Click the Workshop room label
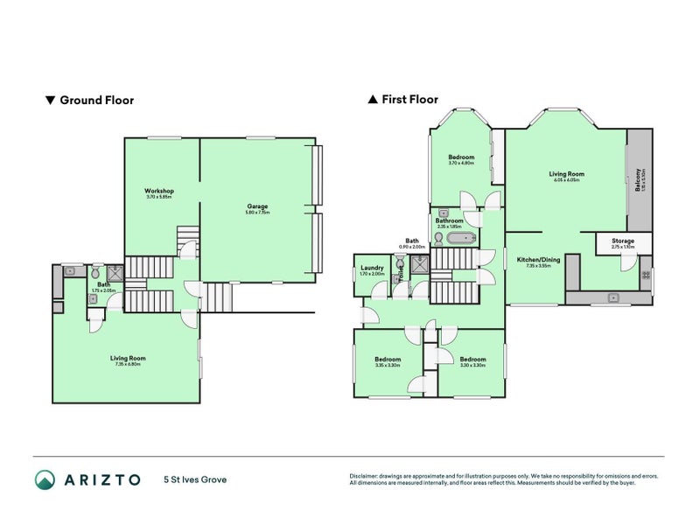click(159, 191)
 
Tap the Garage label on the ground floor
click(257, 206)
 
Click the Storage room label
click(622, 241)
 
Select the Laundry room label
click(372, 268)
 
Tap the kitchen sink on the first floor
click(614, 297)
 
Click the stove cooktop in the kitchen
click(646, 276)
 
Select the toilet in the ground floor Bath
click(94, 272)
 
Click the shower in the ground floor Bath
click(115, 272)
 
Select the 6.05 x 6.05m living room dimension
click(566, 180)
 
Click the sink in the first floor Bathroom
click(444, 213)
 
